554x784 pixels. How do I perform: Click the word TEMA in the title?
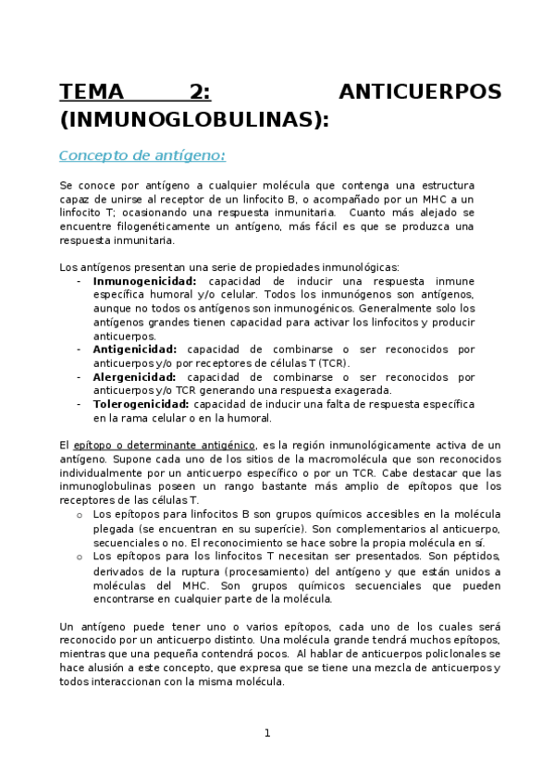tap(91, 92)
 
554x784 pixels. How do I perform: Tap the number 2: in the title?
tap(200, 92)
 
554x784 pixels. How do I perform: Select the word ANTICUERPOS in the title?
tap(420, 92)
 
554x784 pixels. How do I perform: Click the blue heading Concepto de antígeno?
tap(142, 155)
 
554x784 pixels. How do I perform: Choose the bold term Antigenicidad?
tap(135, 349)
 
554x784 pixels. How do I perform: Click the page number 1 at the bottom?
tap(267, 733)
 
